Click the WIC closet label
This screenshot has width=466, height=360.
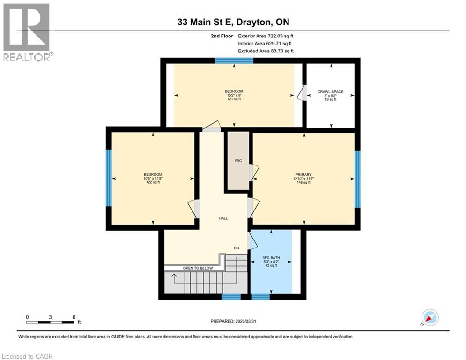coord(238,161)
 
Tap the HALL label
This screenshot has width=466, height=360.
coord(223,218)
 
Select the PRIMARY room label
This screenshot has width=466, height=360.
coord(303,174)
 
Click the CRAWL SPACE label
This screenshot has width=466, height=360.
coord(330,92)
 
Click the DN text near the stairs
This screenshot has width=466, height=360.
coord(237,248)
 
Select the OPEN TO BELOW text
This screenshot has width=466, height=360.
coord(198,268)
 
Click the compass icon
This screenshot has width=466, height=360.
coord(430,317)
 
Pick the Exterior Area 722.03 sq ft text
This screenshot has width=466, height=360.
coord(266,36)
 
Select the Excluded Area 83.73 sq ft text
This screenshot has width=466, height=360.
coord(266,51)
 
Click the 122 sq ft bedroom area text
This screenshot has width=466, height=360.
coord(153,182)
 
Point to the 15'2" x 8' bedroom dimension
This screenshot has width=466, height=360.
coord(234,95)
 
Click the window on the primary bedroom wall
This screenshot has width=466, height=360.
coord(357,179)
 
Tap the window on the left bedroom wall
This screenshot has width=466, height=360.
coord(109,178)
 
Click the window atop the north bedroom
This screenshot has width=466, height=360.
coord(234,60)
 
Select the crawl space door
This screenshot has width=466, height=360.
coord(302,93)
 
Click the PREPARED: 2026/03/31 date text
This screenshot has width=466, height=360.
coord(233,321)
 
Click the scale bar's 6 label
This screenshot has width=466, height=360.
coord(74,317)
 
